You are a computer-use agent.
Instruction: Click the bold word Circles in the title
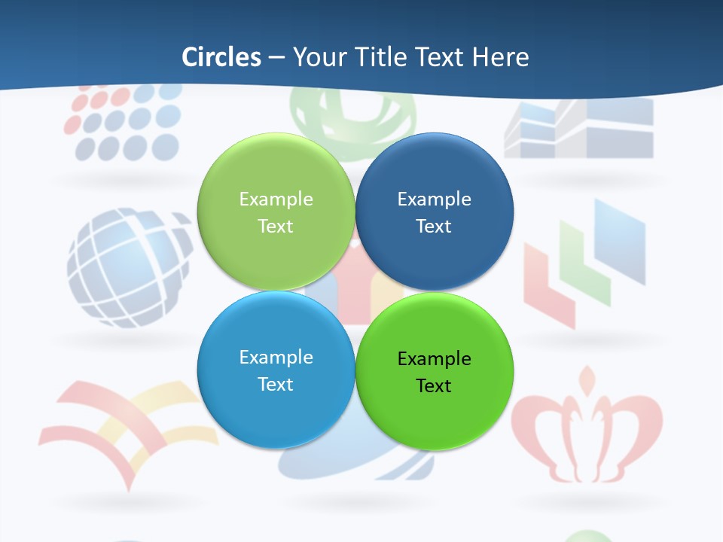(221, 57)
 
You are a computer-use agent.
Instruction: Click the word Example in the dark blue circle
(434, 199)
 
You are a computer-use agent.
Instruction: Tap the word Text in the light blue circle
(276, 384)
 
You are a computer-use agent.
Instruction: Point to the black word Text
(434, 385)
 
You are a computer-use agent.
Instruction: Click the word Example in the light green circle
(276, 199)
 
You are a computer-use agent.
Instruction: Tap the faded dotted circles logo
(124, 124)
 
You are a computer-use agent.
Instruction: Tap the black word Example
(434, 358)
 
